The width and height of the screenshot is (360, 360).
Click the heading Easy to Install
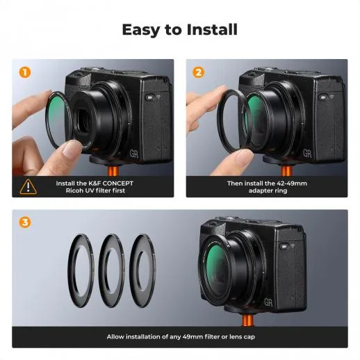pyautogui.click(x=179, y=30)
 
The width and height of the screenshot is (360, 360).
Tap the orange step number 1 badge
pyautogui.click(x=25, y=72)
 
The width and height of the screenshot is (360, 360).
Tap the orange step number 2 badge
pyautogui.click(x=199, y=72)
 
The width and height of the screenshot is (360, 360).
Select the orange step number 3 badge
pyautogui.click(x=25, y=222)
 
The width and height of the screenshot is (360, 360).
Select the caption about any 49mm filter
pyautogui.click(x=179, y=336)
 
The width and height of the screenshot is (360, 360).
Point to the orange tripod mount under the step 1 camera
pyautogui.click(x=113, y=171)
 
